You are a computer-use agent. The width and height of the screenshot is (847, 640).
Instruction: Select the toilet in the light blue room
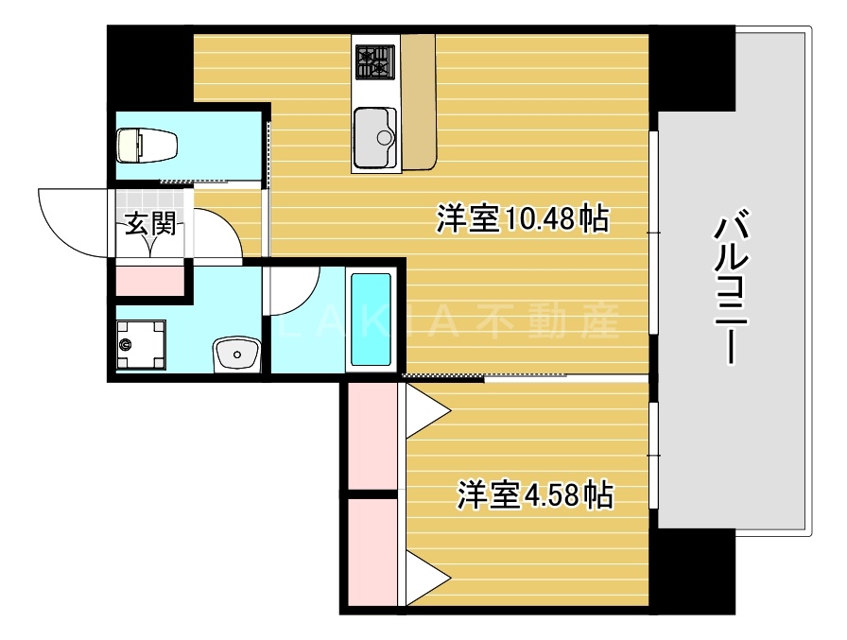click(147, 146)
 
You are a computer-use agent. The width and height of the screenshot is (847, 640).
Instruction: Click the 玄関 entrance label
click(149, 226)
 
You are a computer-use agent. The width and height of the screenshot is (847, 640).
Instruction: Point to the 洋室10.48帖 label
click(521, 219)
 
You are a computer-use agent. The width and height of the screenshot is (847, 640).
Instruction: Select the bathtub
click(371, 320)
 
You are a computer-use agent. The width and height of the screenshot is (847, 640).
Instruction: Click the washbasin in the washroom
click(236, 355)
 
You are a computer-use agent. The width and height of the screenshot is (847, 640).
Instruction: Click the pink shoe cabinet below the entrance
click(150, 281)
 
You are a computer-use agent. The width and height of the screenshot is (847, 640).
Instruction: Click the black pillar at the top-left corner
click(147, 66)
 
